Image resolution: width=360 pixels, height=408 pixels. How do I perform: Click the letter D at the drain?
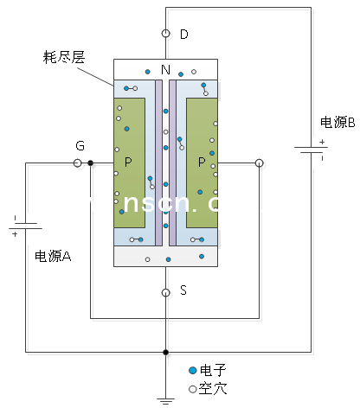tap(183, 35)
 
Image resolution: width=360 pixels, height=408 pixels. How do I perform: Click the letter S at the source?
tap(183, 291)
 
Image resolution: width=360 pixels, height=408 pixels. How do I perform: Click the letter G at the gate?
tap(80, 146)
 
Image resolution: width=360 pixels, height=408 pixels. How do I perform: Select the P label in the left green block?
tap(129, 162)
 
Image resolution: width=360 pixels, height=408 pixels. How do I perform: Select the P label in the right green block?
tap(202, 162)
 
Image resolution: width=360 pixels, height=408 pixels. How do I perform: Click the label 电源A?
tap(54, 256)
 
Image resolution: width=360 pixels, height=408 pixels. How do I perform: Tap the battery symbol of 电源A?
tap(26, 226)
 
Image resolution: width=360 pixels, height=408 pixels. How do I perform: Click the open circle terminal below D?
tap(165, 34)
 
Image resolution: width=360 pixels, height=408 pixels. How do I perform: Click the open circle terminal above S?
tap(165, 292)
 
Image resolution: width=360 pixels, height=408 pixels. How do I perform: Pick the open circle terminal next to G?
tap(78, 162)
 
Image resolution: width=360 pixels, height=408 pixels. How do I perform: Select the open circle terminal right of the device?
tap(259, 162)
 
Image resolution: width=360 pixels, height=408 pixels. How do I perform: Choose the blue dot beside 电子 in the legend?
tap(193, 369)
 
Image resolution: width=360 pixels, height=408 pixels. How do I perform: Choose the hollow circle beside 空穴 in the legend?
tap(193, 388)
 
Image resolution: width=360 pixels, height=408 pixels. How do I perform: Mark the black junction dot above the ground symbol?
tap(165, 352)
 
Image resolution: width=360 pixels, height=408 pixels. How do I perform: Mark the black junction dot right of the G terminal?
tap(91, 162)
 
